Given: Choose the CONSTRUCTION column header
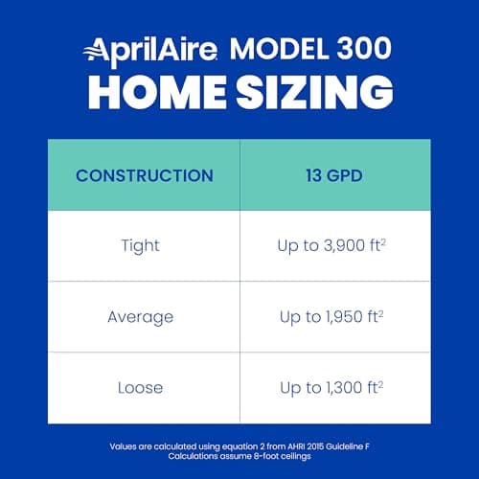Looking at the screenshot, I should [144, 175].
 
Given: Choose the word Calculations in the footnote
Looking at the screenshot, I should [189, 457].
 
